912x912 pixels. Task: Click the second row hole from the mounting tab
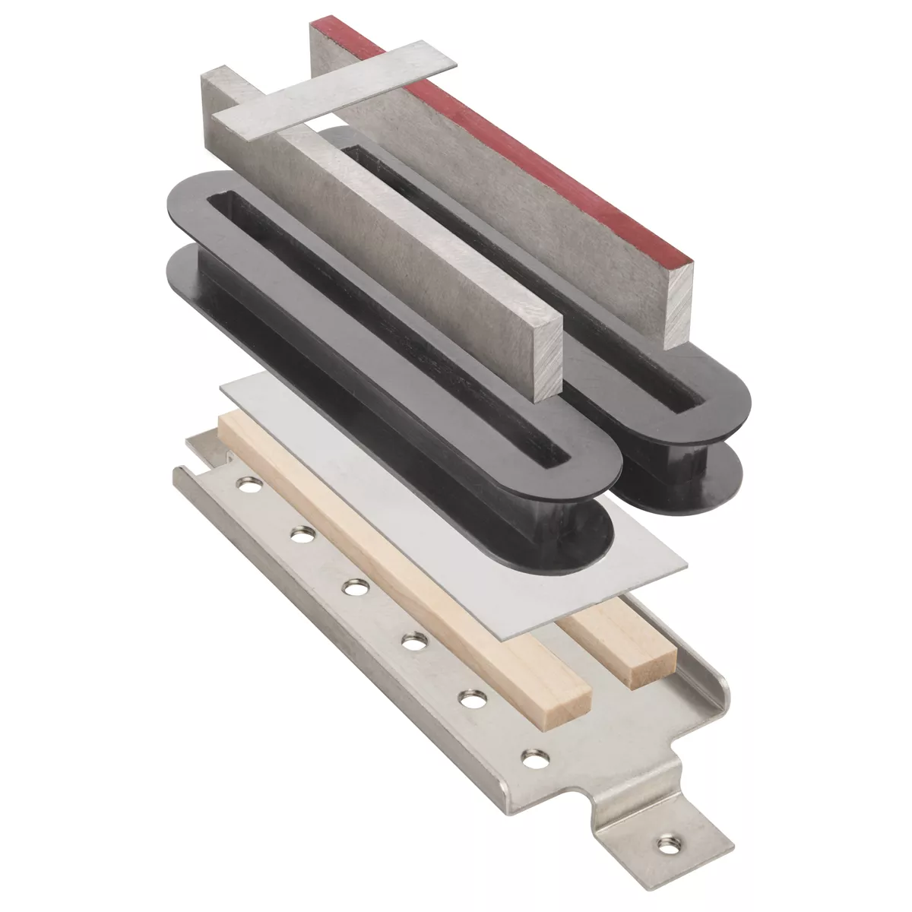pos(472,698)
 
